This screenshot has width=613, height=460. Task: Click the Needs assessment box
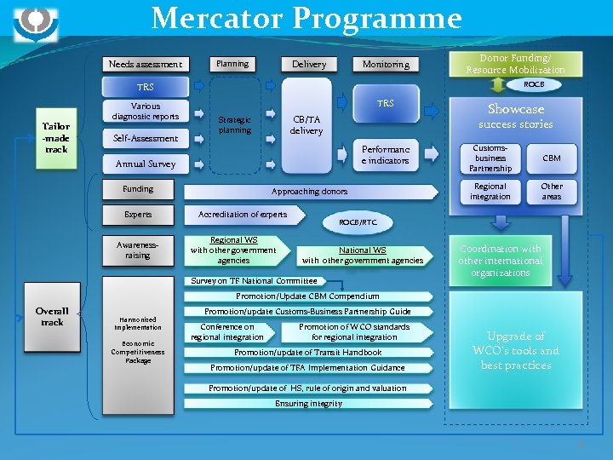tap(146, 64)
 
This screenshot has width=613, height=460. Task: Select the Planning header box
tap(232, 64)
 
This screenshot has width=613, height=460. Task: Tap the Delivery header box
tap(308, 64)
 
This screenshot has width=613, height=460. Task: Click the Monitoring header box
tap(386, 64)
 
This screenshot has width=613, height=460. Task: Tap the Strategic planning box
tap(235, 124)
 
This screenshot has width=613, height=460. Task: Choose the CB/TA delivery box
tap(306, 125)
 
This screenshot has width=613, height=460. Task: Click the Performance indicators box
tap(386, 154)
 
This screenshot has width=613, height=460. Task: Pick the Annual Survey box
tap(146, 164)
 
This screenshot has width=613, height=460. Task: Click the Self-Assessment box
tap(146, 138)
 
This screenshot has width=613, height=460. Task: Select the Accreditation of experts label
tap(243, 215)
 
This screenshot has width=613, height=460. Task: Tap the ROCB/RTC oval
tap(358, 221)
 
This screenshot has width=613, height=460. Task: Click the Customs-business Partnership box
tap(490, 158)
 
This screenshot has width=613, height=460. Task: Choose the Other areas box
tap(552, 191)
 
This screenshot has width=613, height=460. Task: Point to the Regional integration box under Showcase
tap(490, 191)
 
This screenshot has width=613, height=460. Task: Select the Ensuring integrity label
tap(308, 404)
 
